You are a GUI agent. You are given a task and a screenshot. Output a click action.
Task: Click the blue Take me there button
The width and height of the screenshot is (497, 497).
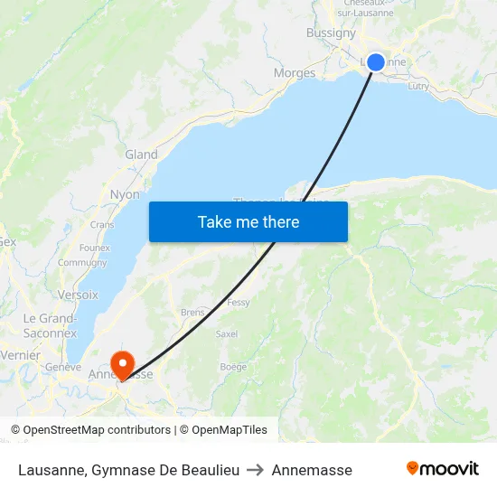[248, 221]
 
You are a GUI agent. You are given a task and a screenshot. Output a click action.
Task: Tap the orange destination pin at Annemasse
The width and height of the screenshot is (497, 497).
[122, 364]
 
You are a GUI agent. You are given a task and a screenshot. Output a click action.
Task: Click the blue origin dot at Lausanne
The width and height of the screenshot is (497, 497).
[376, 62]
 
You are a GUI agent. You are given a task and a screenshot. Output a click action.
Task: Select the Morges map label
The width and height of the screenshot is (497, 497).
[295, 73]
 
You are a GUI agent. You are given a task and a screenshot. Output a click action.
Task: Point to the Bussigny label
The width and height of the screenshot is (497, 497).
[331, 33]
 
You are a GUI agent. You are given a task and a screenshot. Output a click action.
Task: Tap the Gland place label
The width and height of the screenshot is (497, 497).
[141, 155]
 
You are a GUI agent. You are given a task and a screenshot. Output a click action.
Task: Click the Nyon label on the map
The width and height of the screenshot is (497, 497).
[125, 194]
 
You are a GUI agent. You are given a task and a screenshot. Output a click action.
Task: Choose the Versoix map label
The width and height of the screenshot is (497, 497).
[78, 295]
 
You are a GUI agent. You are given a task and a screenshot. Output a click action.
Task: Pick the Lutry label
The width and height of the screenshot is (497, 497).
[418, 86]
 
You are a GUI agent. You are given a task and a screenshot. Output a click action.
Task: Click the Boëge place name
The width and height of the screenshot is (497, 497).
[233, 367]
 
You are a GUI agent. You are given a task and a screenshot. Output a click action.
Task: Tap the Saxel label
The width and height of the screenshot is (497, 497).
[227, 333]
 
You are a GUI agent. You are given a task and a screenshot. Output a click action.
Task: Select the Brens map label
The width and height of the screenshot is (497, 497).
[192, 313]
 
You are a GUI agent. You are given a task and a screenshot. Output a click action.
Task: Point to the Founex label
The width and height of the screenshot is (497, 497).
[95, 248]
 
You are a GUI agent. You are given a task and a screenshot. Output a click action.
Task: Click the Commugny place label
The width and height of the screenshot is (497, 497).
[82, 263]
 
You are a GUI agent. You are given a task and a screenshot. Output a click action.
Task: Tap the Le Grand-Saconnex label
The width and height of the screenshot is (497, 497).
[50, 325]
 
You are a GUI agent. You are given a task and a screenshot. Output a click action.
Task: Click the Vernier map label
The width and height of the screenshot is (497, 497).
[20, 355]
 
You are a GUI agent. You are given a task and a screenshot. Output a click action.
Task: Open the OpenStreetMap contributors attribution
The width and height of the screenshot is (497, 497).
[91, 430]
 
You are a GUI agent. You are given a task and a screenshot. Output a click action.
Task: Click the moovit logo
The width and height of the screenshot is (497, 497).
[443, 469]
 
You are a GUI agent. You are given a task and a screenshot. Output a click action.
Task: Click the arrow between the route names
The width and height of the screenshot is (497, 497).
[256, 470]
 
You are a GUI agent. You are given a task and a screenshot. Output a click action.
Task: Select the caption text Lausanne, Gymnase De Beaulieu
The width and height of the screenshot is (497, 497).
[128, 470]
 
